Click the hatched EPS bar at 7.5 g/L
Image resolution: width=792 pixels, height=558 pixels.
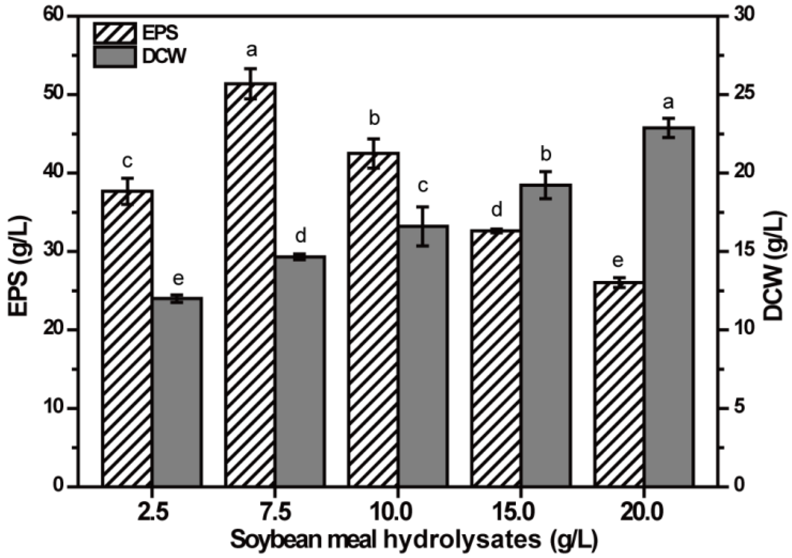pyautogui.click(x=250, y=284)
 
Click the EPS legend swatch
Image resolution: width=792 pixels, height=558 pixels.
pyautogui.click(x=114, y=33)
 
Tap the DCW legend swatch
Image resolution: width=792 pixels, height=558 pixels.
pyautogui.click(x=114, y=57)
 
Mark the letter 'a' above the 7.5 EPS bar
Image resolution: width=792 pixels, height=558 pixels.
pyautogui.click(x=252, y=50)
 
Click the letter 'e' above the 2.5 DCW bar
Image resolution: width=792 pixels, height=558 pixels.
pyautogui.click(x=178, y=280)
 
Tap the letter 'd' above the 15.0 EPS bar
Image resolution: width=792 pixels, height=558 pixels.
pyautogui.click(x=496, y=209)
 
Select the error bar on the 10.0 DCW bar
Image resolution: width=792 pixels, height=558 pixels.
pyautogui.click(x=423, y=226)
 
